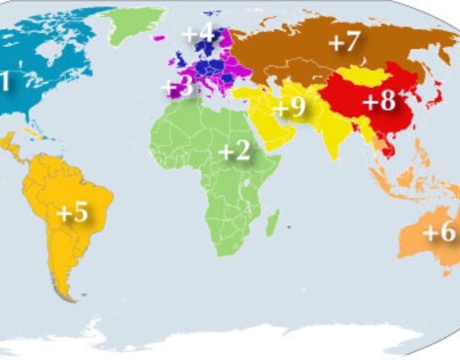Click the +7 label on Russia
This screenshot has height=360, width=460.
[x=344, y=42]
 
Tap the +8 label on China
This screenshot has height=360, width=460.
[x=379, y=101]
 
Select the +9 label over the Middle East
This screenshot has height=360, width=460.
[x=289, y=107]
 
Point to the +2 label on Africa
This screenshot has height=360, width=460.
[x=234, y=152]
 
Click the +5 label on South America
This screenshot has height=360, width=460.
[x=72, y=213]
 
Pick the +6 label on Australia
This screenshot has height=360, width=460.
[x=440, y=232]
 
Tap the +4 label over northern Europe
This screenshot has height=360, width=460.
[x=198, y=33]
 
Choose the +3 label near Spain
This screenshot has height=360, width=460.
[x=177, y=87]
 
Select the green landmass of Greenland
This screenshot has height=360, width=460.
[x=132, y=23]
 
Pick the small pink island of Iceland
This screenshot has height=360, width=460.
[x=159, y=38]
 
